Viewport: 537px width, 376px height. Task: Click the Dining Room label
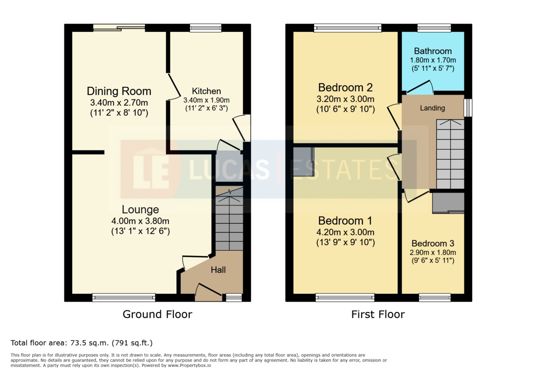coord(119,91)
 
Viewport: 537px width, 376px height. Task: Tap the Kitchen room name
coord(206,91)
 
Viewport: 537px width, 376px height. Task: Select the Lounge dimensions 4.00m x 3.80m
coord(140,221)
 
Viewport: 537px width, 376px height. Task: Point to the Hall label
coord(218,270)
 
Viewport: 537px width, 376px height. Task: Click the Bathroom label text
coord(433,51)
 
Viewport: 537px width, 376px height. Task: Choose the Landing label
coord(432,108)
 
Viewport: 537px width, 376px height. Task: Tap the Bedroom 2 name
coord(345,88)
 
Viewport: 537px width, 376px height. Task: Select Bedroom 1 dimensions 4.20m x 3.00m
coord(345,232)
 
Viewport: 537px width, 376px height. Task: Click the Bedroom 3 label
coord(433,244)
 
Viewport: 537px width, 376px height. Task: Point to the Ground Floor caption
coord(157,314)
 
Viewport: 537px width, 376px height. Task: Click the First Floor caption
coord(378,314)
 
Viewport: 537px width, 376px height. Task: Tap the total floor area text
coord(81,343)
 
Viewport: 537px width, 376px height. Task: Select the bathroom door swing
coord(420,87)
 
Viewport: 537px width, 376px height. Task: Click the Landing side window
coord(468,108)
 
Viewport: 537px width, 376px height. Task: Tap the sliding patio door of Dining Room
coord(119,28)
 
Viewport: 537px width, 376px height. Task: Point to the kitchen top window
coord(205,28)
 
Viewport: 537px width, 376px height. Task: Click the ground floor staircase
coord(230,218)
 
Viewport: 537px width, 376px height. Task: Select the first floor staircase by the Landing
coord(450,154)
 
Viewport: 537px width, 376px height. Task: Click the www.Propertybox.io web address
coord(189,365)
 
